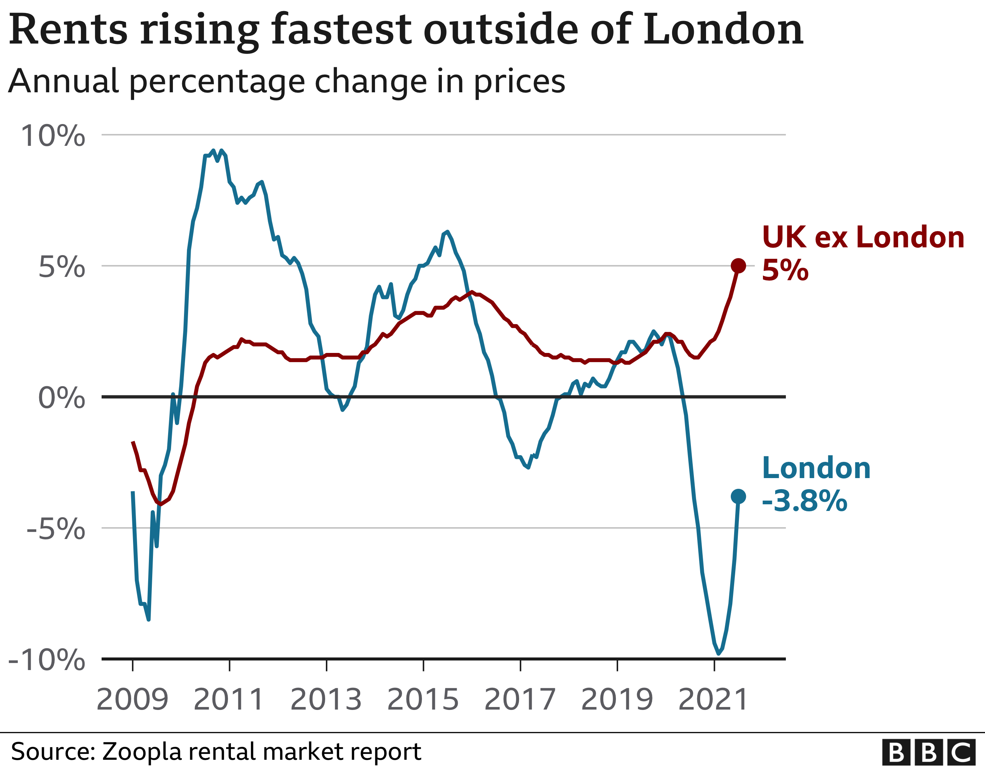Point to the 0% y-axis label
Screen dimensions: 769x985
click(x=62, y=398)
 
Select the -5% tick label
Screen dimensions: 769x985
click(x=56, y=528)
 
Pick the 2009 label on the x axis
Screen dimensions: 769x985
click(x=132, y=699)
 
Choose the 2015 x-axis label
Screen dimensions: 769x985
click(x=423, y=699)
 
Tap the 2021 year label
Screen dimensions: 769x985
click(x=713, y=699)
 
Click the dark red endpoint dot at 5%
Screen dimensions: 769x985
click(x=738, y=266)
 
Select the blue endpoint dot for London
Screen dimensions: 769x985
click(x=738, y=497)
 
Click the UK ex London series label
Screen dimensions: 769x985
click(x=863, y=237)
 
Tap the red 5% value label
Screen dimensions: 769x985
click(x=785, y=271)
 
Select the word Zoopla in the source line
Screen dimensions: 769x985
click(x=143, y=751)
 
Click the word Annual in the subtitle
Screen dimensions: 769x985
click(x=63, y=81)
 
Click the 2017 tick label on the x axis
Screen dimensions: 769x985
click(x=520, y=699)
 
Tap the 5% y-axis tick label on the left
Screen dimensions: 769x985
click(x=62, y=267)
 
